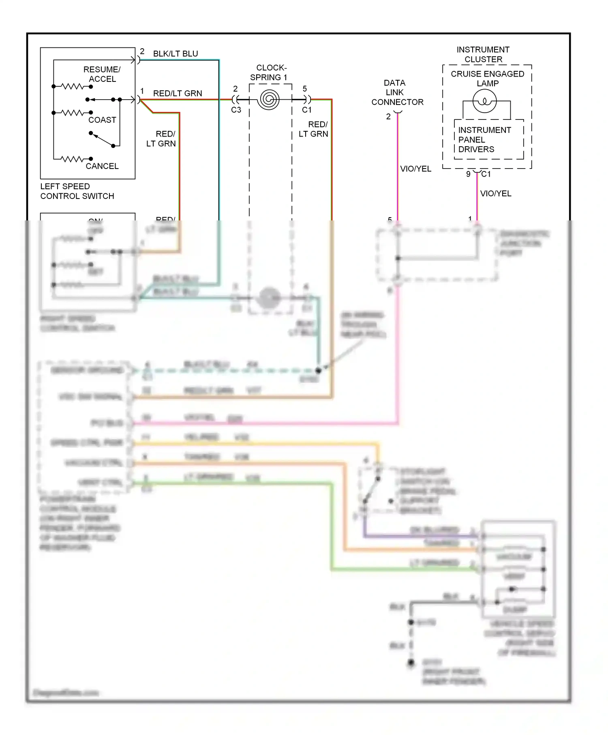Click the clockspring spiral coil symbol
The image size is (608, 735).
pyautogui.click(x=269, y=99)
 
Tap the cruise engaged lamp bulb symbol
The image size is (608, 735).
pyautogui.click(x=484, y=101)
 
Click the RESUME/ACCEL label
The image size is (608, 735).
pyautogui.click(x=102, y=74)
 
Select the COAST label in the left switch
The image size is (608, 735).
pyautogui.click(x=102, y=120)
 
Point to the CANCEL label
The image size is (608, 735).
pyautogui.click(x=102, y=166)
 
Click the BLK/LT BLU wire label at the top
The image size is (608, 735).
pyautogui.click(x=176, y=54)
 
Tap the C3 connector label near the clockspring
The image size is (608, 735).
pyautogui.click(x=236, y=110)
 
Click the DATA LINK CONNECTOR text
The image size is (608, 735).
pyautogui.click(x=397, y=92)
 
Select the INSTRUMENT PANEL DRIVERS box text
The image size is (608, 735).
pyautogui.click(x=484, y=140)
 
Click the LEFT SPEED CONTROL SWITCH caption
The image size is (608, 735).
pyautogui.click(x=77, y=191)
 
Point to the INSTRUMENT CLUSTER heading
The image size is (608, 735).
pyautogui.click(x=483, y=54)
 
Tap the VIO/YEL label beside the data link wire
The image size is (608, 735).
pyautogui.click(x=415, y=169)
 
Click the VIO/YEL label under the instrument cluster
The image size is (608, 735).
pyautogui.click(x=495, y=194)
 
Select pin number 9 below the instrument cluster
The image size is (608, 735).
pyautogui.click(x=468, y=174)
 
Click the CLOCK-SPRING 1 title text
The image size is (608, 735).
pyautogui.click(x=270, y=73)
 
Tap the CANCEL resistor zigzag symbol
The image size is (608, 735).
pyautogui.click(x=73, y=159)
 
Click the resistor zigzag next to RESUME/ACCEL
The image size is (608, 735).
pyautogui.click(x=72, y=86)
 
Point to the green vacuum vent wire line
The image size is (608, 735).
pyautogui.click(x=243, y=483)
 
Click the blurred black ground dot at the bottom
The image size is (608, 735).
pyautogui.click(x=411, y=663)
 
